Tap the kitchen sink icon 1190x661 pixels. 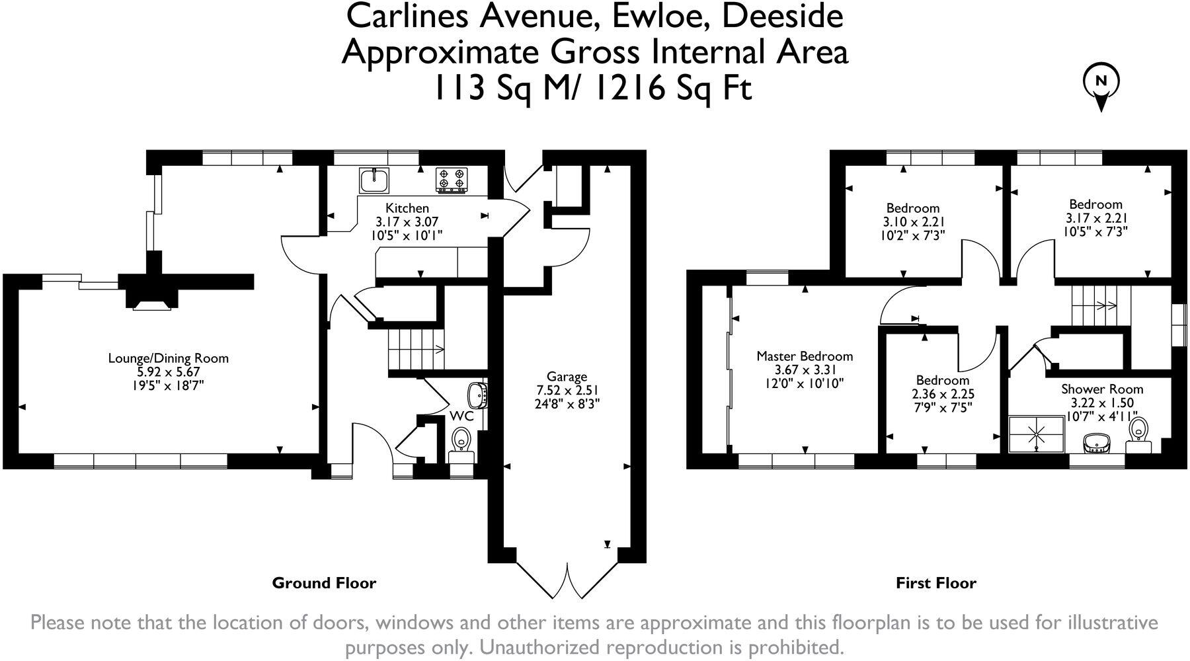pos(375,179)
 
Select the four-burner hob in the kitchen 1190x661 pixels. pos(452,179)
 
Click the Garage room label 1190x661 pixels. pos(567,377)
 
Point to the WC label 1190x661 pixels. pos(461,416)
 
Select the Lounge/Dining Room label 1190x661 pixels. pos(169,358)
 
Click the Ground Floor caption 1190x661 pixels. pos(324,583)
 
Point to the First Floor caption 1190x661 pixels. pos(935,583)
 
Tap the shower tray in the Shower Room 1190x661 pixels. pos(1037,434)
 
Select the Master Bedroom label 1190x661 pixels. pos(805,356)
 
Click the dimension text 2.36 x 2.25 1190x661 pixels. pos(943,394)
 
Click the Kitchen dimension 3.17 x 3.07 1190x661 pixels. pos(407,221)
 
